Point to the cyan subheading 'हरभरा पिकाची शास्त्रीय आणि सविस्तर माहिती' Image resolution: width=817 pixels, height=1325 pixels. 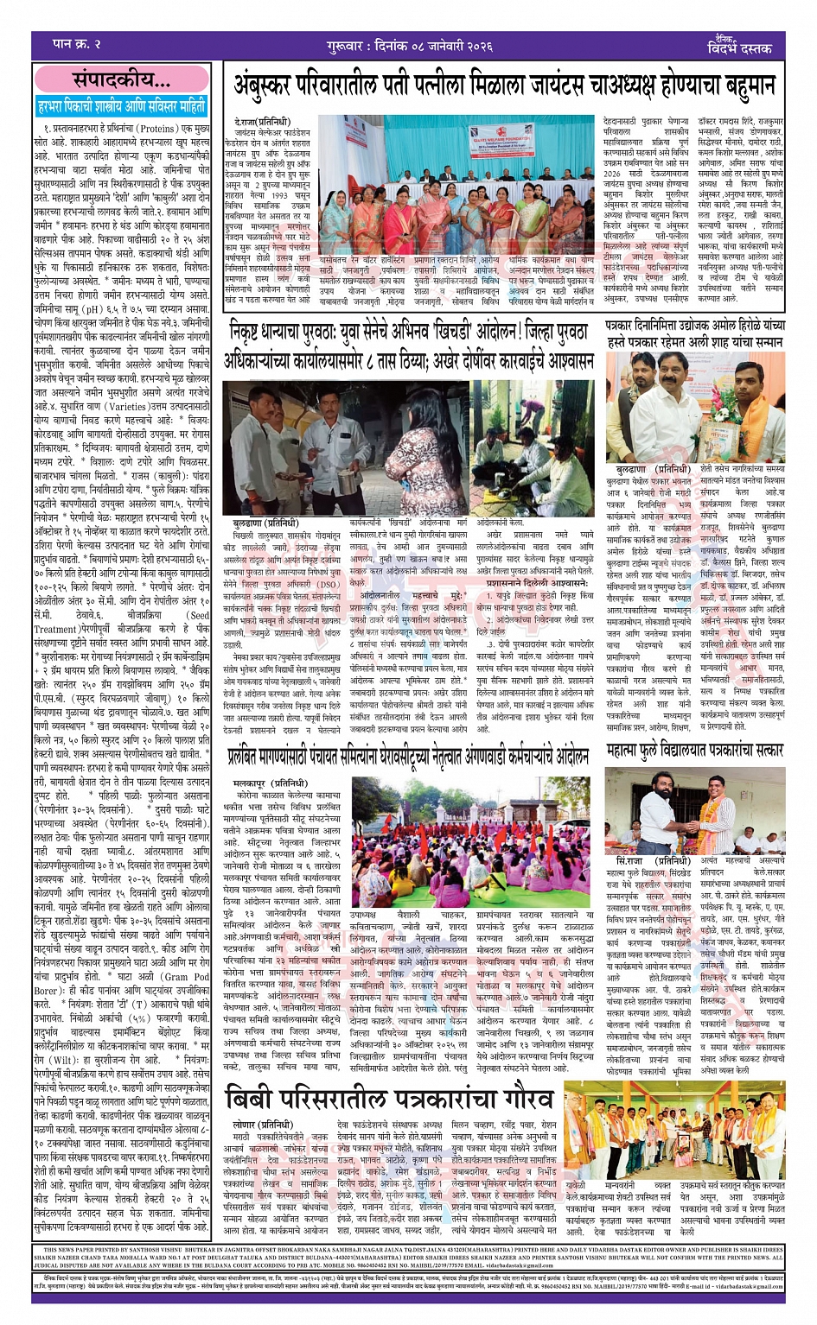[x=122, y=107]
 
